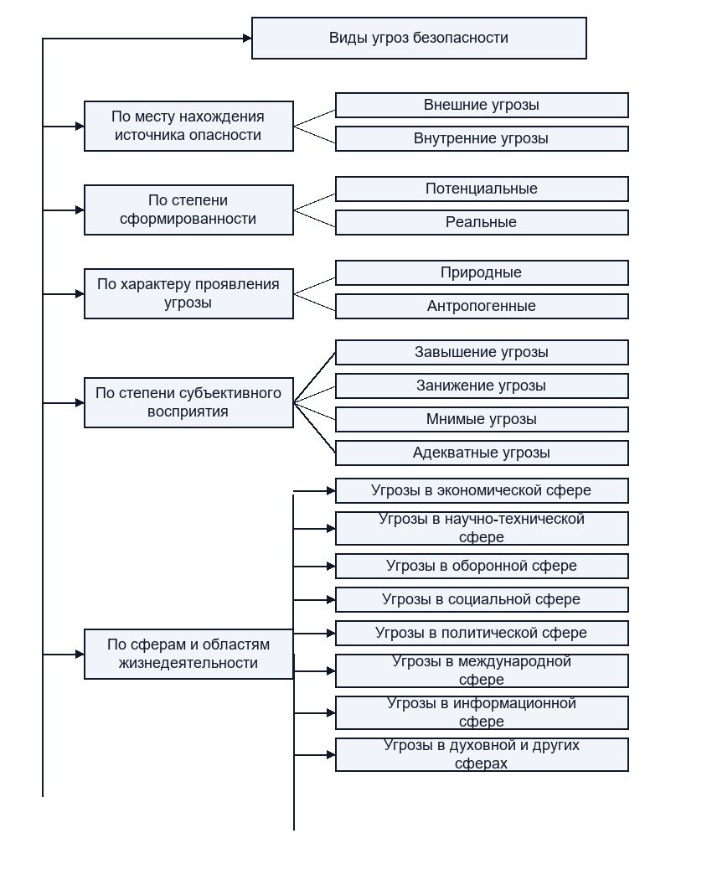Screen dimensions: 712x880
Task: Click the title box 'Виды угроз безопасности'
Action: (x=419, y=39)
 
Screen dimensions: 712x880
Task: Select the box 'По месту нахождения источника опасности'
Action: (x=188, y=127)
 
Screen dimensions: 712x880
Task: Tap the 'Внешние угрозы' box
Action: (x=482, y=106)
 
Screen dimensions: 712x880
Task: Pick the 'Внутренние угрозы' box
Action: (x=482, y=138)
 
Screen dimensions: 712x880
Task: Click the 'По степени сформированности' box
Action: (x=188, y=210)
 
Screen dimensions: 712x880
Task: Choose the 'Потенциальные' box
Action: (x=482, y=189)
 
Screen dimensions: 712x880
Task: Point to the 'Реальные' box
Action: (x=482, y=222)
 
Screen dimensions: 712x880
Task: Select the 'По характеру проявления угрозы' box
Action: (x=188, y=293)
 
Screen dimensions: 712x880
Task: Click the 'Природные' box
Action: (x=482, y=272)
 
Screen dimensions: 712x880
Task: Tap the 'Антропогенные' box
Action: (x=482, y=307)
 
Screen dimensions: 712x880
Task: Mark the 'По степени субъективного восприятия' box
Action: (x=188, y=402)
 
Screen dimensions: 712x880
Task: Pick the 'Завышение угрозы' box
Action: (x=482, y=353)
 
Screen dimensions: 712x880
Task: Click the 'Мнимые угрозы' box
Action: (x=482, y=419)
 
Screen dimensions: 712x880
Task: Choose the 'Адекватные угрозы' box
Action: (x=482, y=453)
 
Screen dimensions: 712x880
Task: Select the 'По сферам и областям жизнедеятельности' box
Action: (x=188, y=654)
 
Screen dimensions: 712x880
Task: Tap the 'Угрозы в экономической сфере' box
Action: (x=482, y=490)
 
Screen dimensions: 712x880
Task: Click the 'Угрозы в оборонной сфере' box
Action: (x=482, y=567)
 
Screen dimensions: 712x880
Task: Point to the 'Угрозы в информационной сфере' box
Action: (x=482, y=712)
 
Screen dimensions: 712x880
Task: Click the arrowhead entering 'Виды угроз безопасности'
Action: (x=247, y=39)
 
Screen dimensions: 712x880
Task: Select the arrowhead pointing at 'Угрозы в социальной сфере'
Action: (x=331, y=600)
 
